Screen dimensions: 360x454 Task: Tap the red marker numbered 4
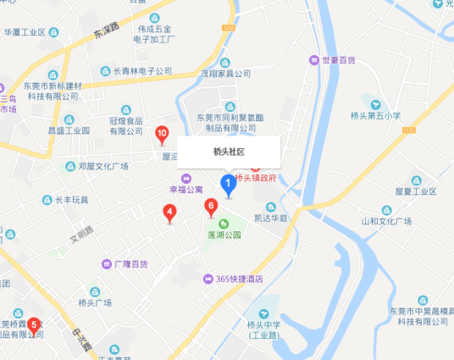[x=169, y=213]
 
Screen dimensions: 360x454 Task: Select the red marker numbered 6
[x=211, y=206]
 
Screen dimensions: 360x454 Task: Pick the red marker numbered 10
[x=162, y=135]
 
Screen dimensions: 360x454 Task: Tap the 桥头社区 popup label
[x=229, y=152]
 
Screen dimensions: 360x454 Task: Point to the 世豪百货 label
[x=331, y=60]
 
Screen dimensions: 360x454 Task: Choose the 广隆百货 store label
[x=130, y=264]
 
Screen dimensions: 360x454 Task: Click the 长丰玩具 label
[x=70, y=200]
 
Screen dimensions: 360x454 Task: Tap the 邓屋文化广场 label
[x=102, y=167]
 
